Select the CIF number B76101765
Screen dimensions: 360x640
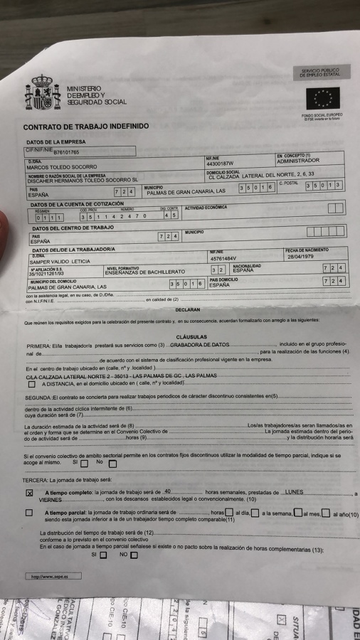[66, 152]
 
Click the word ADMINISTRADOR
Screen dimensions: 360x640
[298, 161]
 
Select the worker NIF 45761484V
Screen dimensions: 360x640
[224, 258]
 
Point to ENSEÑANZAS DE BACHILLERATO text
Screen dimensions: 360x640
[144, 272]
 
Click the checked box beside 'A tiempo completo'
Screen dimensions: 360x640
[30, 493]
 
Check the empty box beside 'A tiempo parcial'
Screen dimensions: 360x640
[30, 513]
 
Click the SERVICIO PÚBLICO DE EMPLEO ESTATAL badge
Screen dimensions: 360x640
[321, 73]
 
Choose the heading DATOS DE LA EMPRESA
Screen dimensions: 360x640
[55, 142]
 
